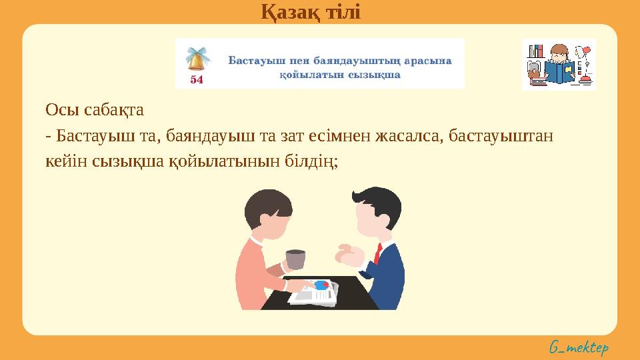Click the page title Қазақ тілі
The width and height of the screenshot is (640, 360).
tap(310, 11)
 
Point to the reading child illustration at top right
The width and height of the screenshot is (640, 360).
tap(558, 64)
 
